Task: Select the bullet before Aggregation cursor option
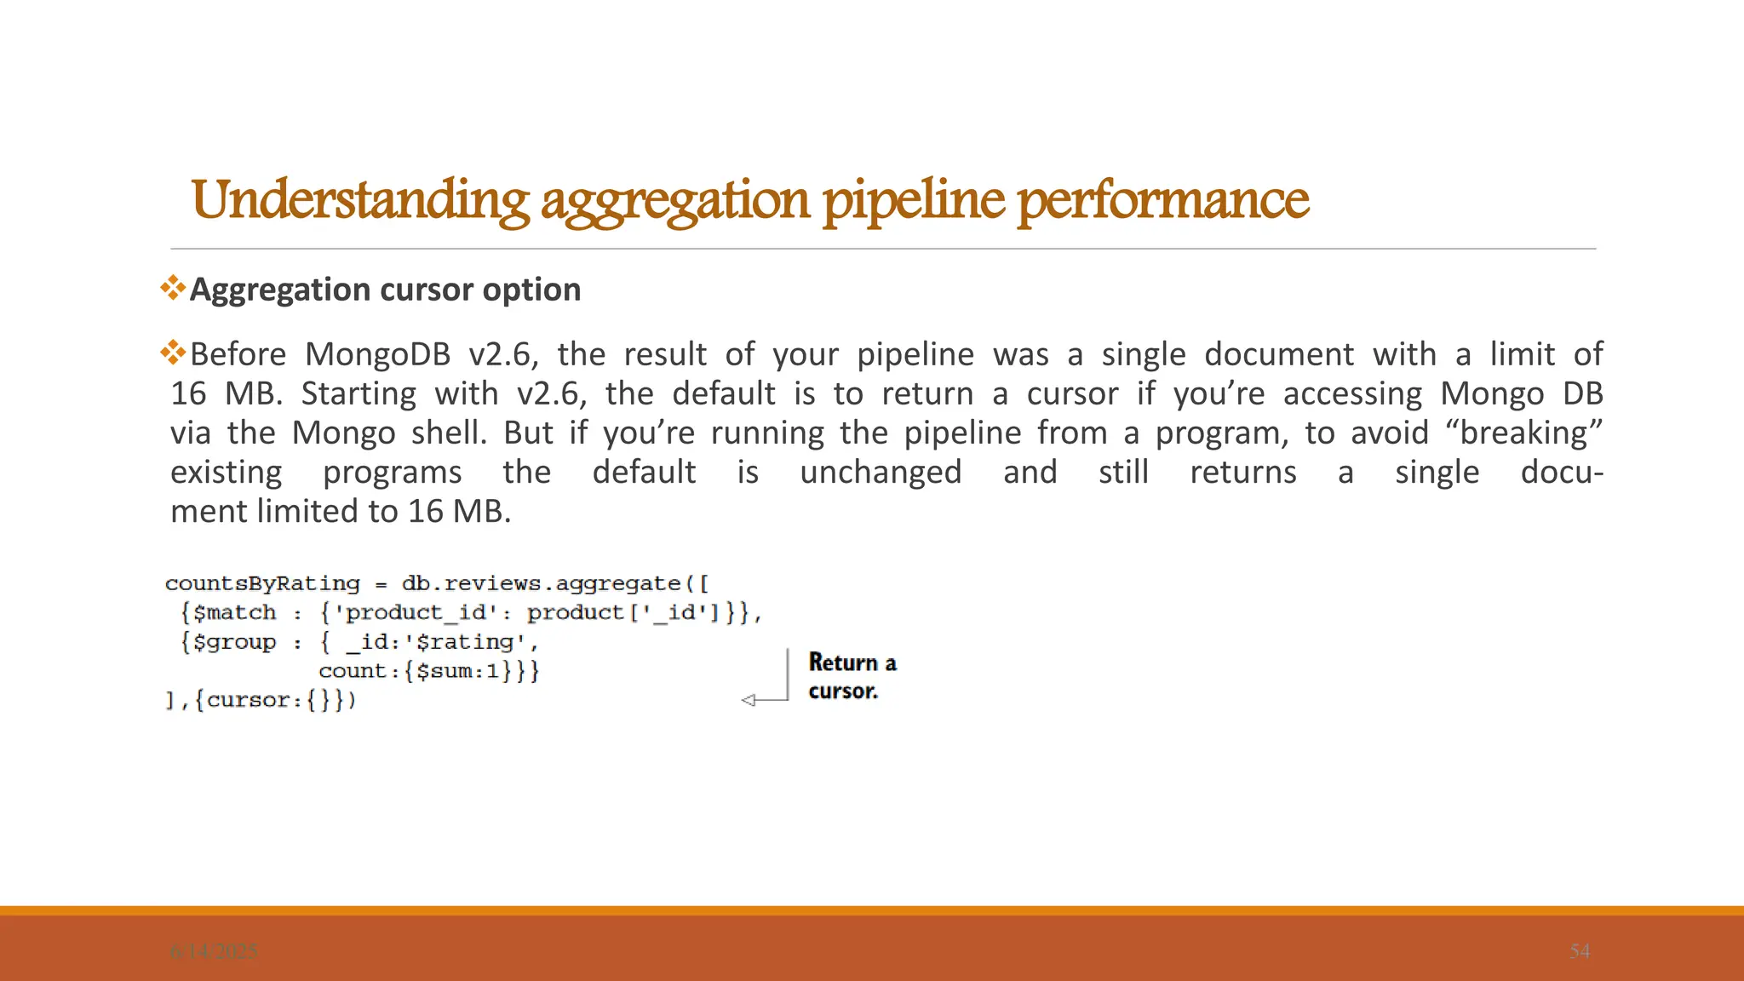(173, 288)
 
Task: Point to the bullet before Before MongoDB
(173, 352)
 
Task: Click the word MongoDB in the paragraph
(377, 354)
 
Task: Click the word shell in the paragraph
(448, 433)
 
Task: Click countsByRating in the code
(262, 584)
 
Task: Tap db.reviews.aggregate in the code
(541, 584)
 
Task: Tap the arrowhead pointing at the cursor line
(749, 700)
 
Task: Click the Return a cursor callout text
(852, 676)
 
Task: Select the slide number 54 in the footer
(1579, 951)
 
